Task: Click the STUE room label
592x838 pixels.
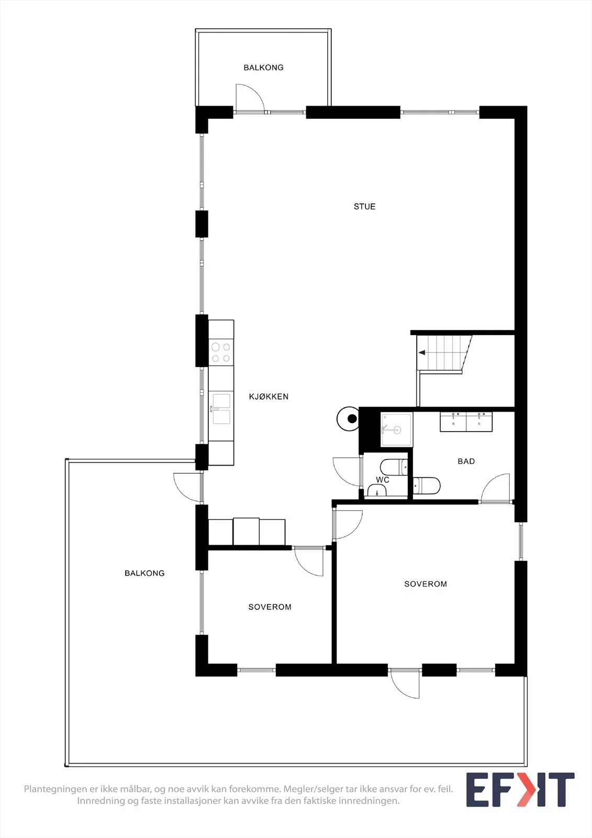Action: coord(364,206)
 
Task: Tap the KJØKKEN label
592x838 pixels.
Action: coord(269,396)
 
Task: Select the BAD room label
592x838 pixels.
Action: coord(466,461)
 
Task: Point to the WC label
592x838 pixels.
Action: coord(383,480)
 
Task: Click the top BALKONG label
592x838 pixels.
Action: coord(263,68)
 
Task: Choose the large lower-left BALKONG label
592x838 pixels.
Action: coord(144,573)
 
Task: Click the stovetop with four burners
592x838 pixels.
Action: coord(221,352)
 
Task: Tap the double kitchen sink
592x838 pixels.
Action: coord(221,409)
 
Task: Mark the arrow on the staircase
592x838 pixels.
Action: coord(422,352)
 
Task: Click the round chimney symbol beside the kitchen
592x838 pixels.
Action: coord(348,419)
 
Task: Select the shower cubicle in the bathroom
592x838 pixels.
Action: coord(396,429)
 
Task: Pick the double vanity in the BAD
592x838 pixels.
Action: coord(466,422)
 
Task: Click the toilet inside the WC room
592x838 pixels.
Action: coord(394,467)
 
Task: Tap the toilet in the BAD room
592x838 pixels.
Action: coord(427,486)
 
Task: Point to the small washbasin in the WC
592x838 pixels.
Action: coord(377,490)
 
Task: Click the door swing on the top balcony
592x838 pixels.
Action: coord(250,98)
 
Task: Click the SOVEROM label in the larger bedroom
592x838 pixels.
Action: coord(426,584)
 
